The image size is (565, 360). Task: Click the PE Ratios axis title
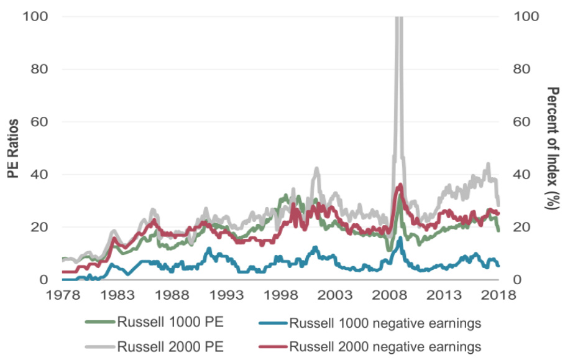[x=12, y=147]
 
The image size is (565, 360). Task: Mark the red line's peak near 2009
[x=400, y=185]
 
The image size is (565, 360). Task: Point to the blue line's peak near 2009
[x=401, y=238]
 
